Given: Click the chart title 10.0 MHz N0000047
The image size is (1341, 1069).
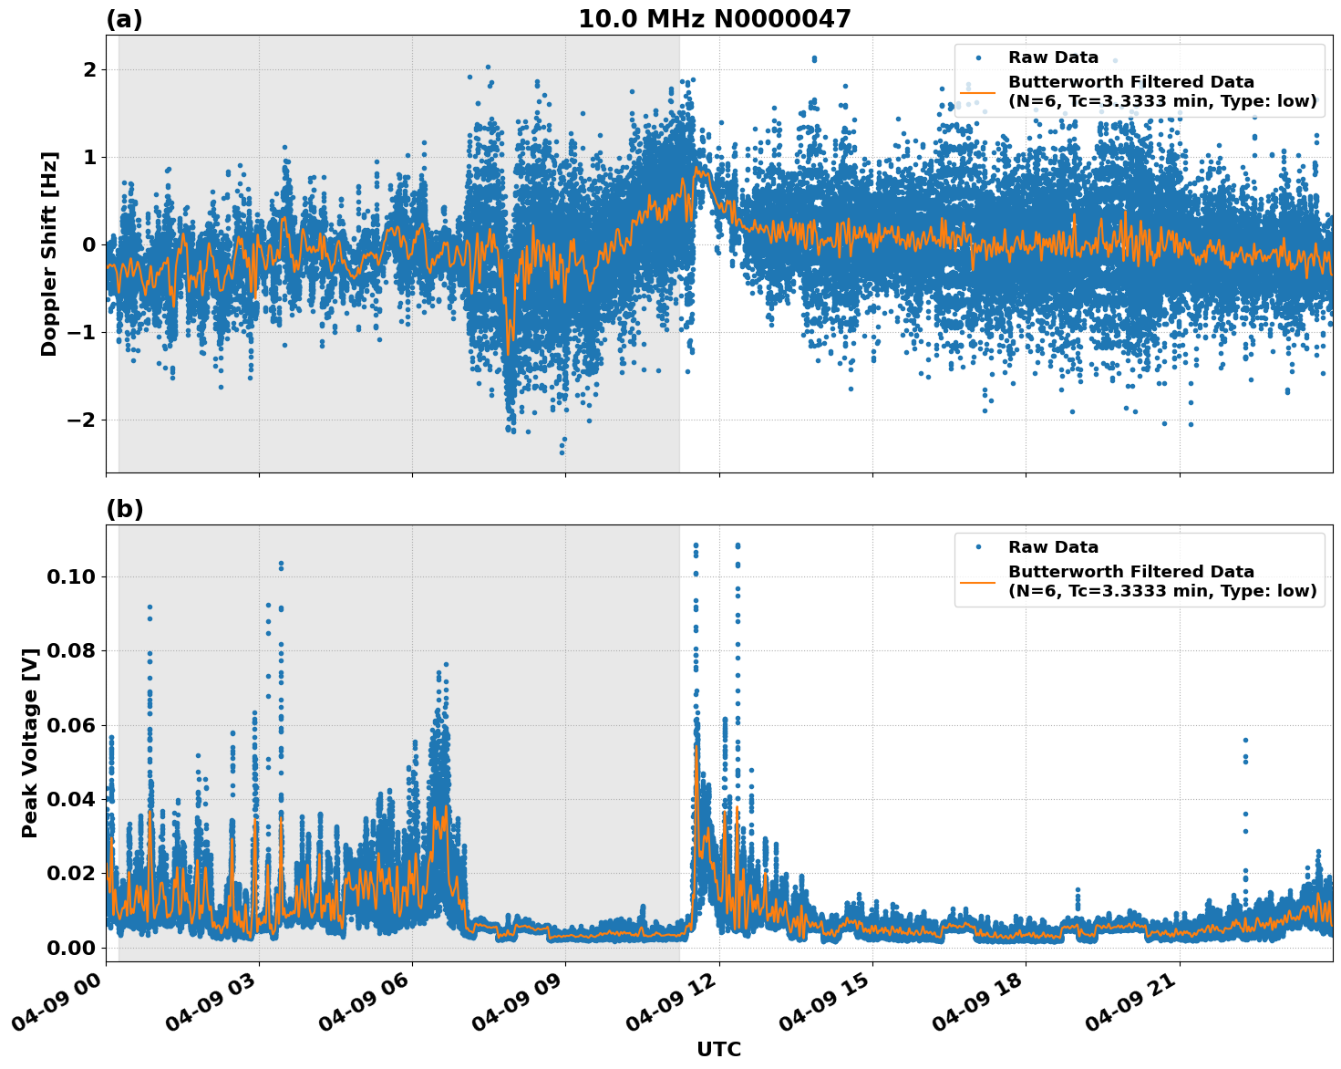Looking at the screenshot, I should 715,19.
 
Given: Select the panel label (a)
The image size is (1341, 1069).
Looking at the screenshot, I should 124,19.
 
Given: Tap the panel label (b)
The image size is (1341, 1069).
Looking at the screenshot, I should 124,509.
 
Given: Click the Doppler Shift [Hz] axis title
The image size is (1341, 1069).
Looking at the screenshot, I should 49,254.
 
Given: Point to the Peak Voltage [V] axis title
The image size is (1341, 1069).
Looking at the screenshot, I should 30,742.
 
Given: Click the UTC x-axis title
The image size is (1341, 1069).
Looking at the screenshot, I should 718,1049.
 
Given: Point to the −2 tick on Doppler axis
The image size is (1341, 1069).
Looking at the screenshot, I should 82,420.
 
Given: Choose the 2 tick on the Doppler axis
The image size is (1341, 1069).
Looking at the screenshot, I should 89,69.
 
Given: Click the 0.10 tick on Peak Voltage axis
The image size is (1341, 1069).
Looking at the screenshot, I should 71,576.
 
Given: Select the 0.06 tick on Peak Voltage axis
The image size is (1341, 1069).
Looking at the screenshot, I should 71,725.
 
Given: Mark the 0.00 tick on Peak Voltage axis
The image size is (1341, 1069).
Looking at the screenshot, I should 71,948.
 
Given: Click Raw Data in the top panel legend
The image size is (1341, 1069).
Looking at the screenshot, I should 1053,57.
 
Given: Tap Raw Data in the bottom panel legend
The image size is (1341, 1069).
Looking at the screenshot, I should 1053,547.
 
